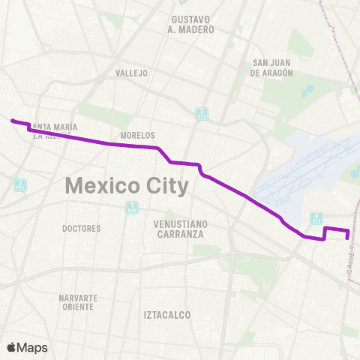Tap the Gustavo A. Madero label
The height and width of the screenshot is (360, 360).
(193, 24)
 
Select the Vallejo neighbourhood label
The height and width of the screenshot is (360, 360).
(132, 73)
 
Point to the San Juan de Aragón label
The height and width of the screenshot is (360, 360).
(271, 68)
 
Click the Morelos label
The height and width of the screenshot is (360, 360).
(137, 135)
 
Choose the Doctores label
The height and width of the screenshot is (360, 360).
(82, 228)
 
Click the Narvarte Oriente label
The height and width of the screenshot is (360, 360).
(78, 302)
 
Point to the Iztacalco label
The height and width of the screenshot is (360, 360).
(167, 315)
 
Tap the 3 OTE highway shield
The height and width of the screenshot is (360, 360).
(202, 115)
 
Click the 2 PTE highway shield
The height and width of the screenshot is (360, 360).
(20, 184)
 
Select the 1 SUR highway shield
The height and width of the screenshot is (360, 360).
(133, 208)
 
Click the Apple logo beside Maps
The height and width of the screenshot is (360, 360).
(11, 347)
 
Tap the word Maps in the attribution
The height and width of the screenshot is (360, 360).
(32, 348)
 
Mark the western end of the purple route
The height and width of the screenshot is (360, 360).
(12, 120)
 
